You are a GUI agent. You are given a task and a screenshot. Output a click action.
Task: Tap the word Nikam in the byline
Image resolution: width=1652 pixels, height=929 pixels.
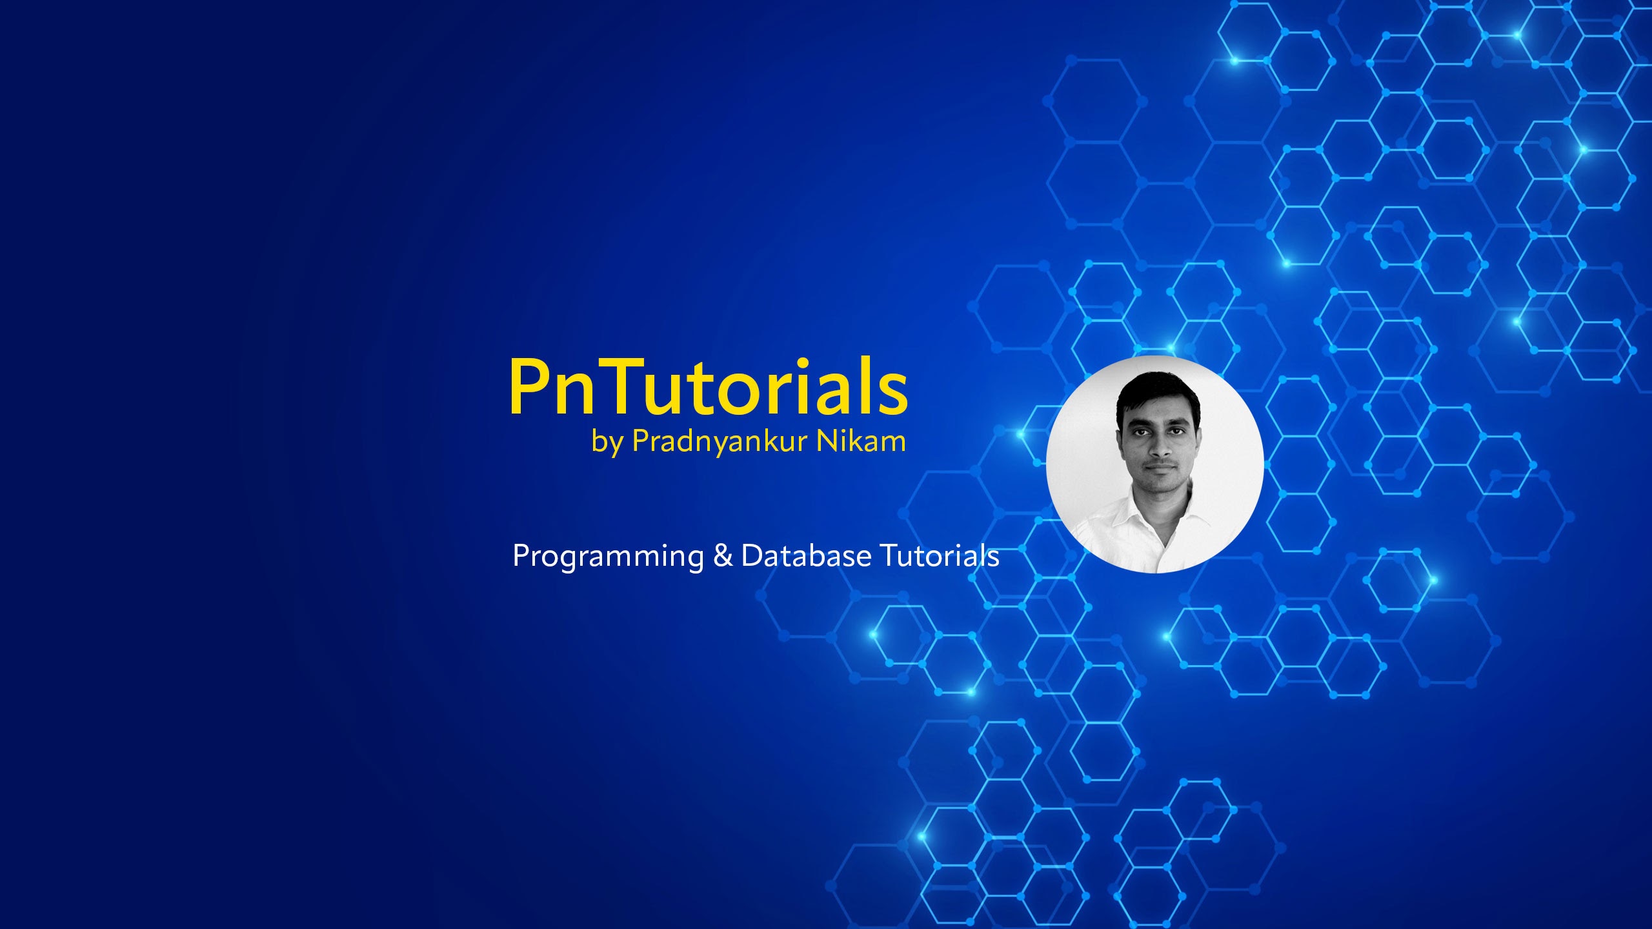click(861, 441)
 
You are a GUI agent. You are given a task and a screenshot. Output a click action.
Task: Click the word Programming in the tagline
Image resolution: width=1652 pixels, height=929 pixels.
click(608, 557)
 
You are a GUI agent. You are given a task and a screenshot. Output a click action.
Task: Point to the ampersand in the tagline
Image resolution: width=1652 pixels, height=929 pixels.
click(723, 555)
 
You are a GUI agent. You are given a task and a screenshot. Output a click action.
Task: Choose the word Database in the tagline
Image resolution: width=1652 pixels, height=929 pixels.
click(806, 555)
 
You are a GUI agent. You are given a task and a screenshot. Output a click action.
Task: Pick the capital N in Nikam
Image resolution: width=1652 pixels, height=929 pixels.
click(828, 441)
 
